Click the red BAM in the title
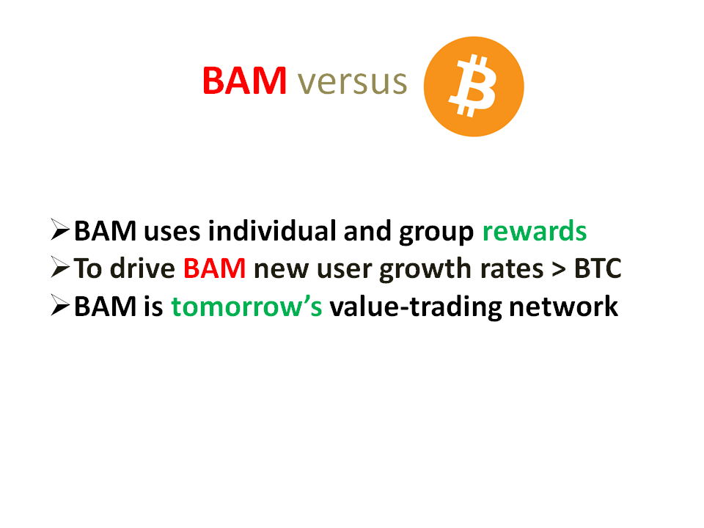pyautogui.click(x=245, y=81)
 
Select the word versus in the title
pyautogui.click(x=353, y=82)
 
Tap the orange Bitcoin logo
pyautogui.click(x=474, y=87)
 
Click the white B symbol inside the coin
pyautogui.click(x=472, y=86)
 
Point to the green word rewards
pyautogui.click(x=535, y=231)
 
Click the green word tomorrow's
pyautogui.click(x=246, y=307)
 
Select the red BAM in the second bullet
pyautogui.click(x=215, y=268)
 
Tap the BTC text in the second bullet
pyautogui.click(x=598, y=268)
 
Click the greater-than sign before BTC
pyautogui.click(x=559, y=269)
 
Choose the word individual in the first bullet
pyautogui.click(x=272, y=231)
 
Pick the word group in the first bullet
pyautogui.click(x=436, y=233)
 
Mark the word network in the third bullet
pyautogui.click(x=563, y=307)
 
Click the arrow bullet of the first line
pyautogui.click(x=60, y=230)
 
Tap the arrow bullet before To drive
pyautogui.click(x=60, y=268)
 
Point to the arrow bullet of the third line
pyautogui.click(x=60, y=305)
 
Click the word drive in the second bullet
pyautogui.click(x=142, y=268)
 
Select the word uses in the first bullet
pyautogui.click(x=172, y=232)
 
